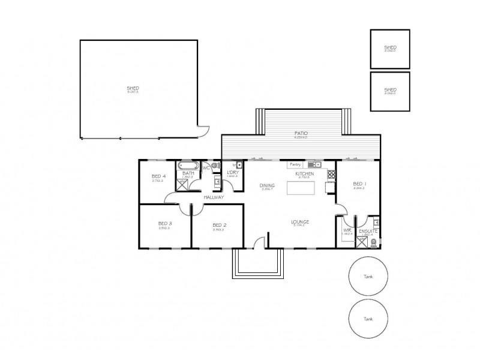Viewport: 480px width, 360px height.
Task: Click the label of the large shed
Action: point(133,88)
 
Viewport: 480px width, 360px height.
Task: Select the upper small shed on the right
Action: point(390,48)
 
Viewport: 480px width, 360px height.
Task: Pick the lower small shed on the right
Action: point(390,91)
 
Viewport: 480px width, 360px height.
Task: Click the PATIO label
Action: point(301,134)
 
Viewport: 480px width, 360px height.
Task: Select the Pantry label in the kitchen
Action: point(295,164)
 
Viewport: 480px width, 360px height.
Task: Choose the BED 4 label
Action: point(158,176)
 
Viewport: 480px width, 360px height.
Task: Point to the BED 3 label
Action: point(166,223)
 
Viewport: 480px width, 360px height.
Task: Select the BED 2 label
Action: point(219,226)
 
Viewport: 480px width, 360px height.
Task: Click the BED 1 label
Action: point(359,184)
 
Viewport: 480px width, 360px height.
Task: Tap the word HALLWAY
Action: point(214,197)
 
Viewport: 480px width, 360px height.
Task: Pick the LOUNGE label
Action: point(300,221)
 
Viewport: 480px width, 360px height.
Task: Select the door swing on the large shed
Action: point(204,131)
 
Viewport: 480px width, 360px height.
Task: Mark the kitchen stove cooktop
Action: point(331,175)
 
